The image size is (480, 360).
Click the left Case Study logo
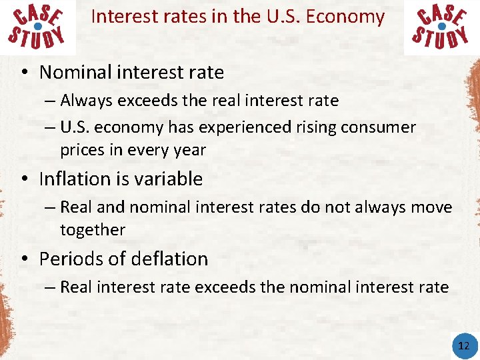(38, 27)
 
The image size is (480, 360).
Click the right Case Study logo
(441, 27)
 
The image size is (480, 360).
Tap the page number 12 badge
(463, 345)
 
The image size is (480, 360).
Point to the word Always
(85, 101)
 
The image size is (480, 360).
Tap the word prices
(81, 151)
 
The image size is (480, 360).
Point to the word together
(93, 230)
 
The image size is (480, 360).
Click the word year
(191, 151)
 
